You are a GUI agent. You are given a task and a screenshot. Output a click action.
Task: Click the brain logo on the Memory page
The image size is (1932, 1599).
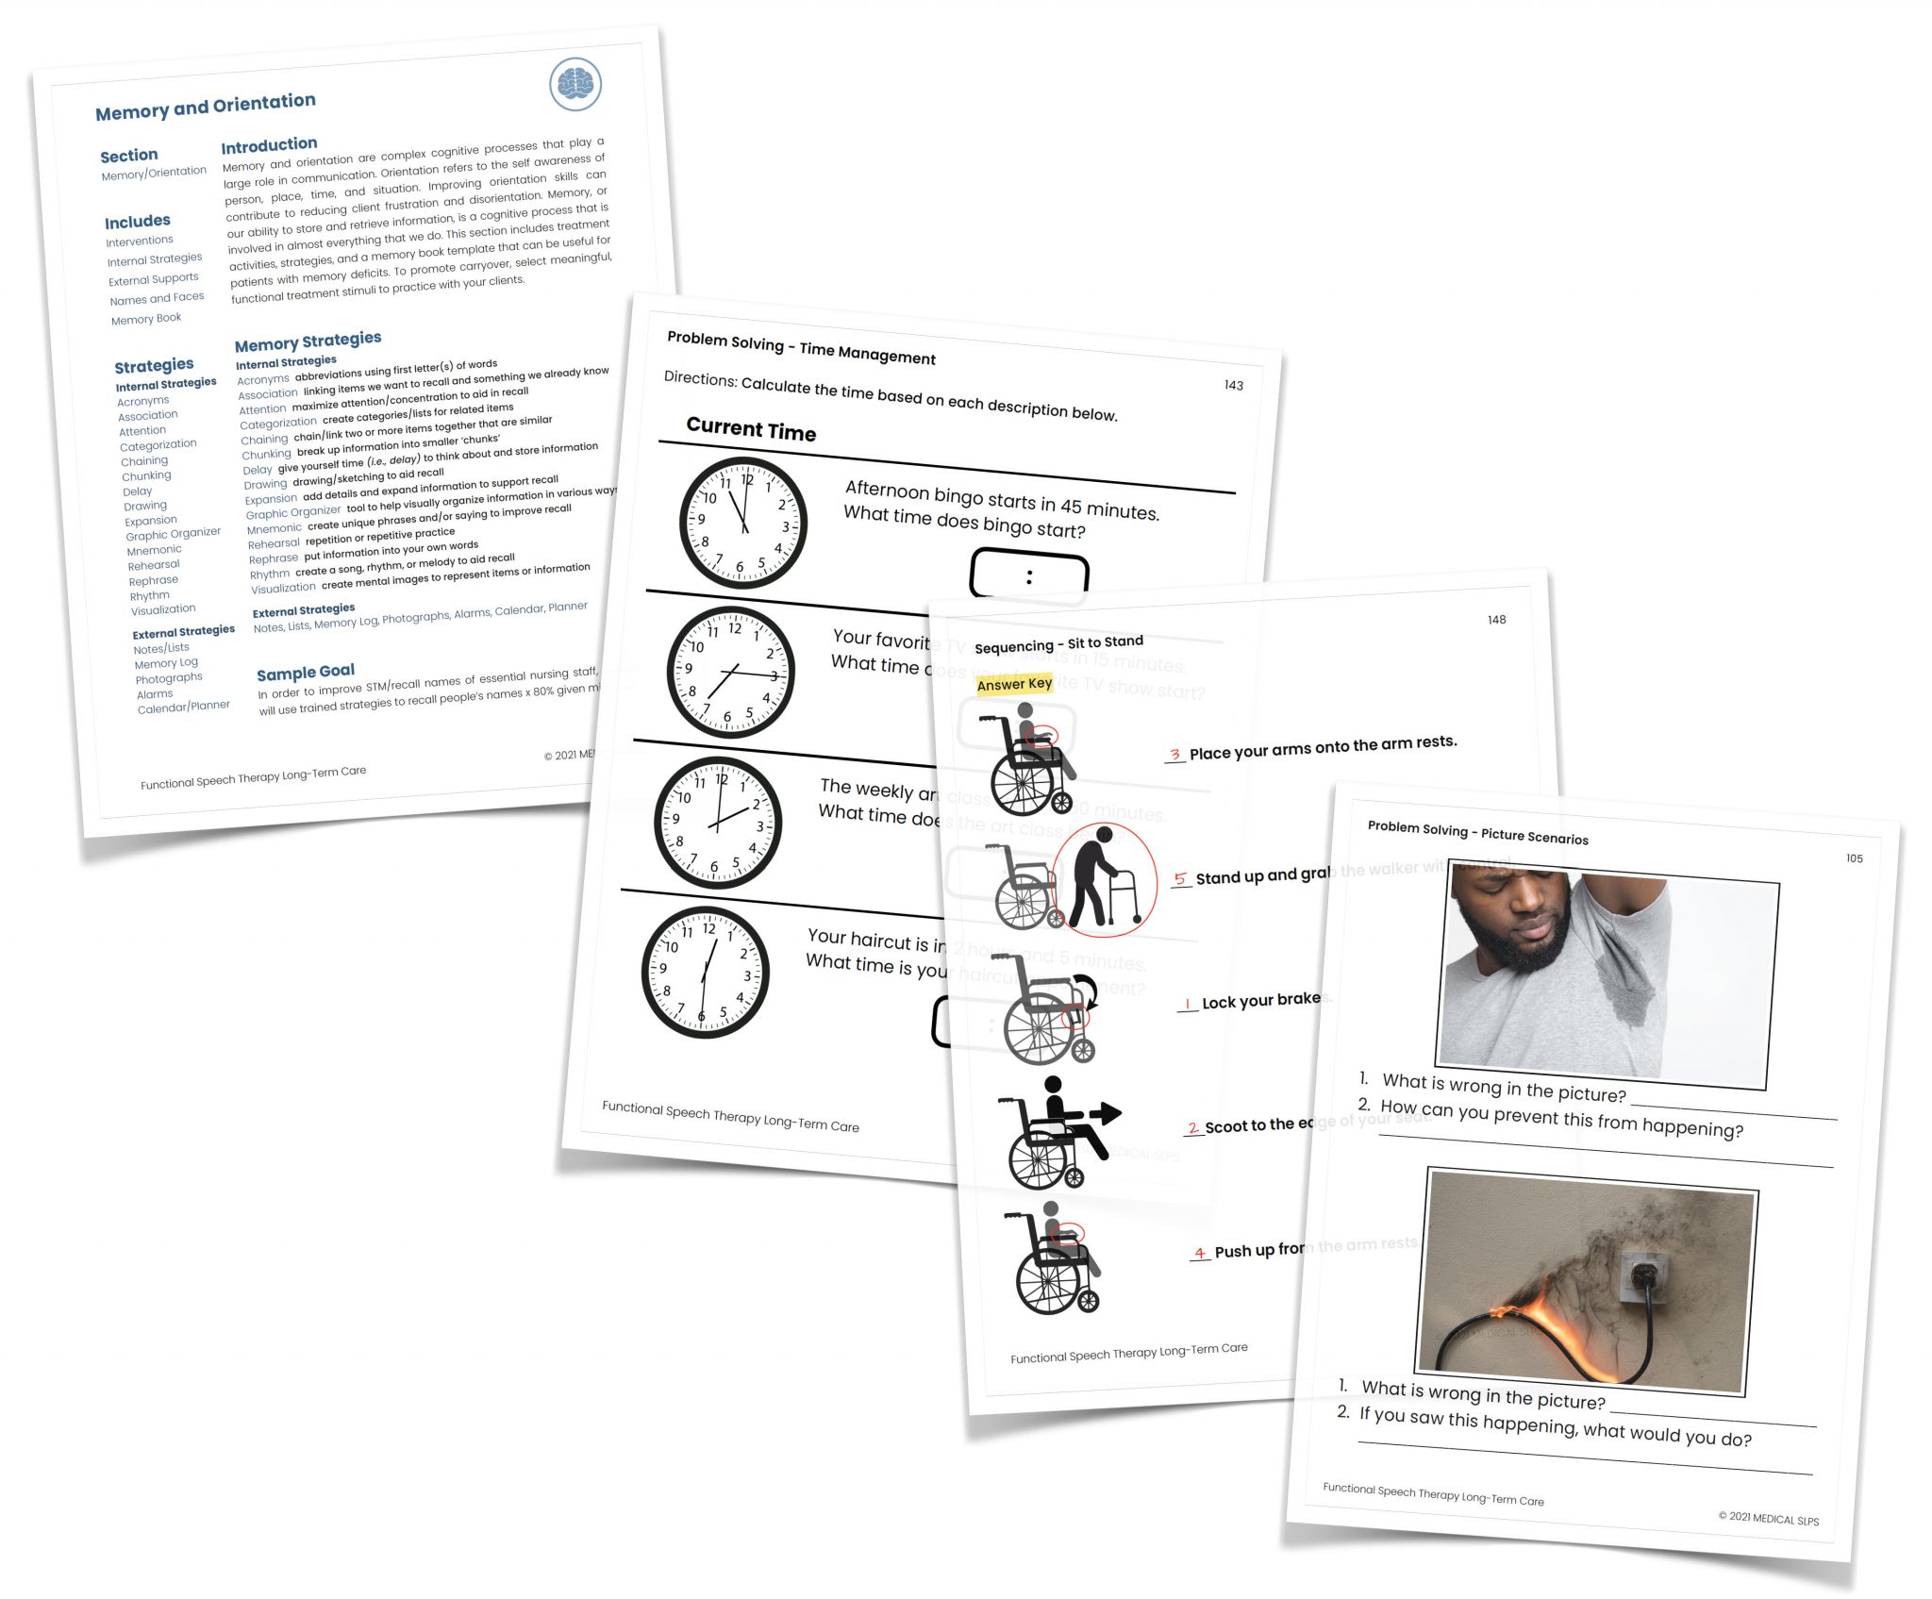coord(575,84)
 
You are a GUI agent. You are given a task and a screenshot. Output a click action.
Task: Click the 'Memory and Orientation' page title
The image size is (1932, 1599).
coord(206,107)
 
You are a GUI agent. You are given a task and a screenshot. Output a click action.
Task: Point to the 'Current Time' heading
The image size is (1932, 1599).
coord(751,429)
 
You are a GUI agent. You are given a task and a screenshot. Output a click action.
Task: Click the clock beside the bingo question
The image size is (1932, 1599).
coord(743,522)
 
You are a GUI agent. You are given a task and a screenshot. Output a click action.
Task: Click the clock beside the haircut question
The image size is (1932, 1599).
coord(706,972)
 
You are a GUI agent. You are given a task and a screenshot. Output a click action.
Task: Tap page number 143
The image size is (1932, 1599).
coord(1233,385)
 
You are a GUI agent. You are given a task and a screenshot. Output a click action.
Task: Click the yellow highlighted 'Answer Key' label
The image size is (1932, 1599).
coord(1014,684)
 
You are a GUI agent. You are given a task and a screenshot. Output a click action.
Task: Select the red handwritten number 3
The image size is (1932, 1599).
coord(1174,755)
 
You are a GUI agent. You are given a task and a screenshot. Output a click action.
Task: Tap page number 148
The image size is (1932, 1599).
coord(1496,620)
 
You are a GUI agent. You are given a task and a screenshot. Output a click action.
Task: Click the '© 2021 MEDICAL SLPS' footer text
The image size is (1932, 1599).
coord(1768,1518)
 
